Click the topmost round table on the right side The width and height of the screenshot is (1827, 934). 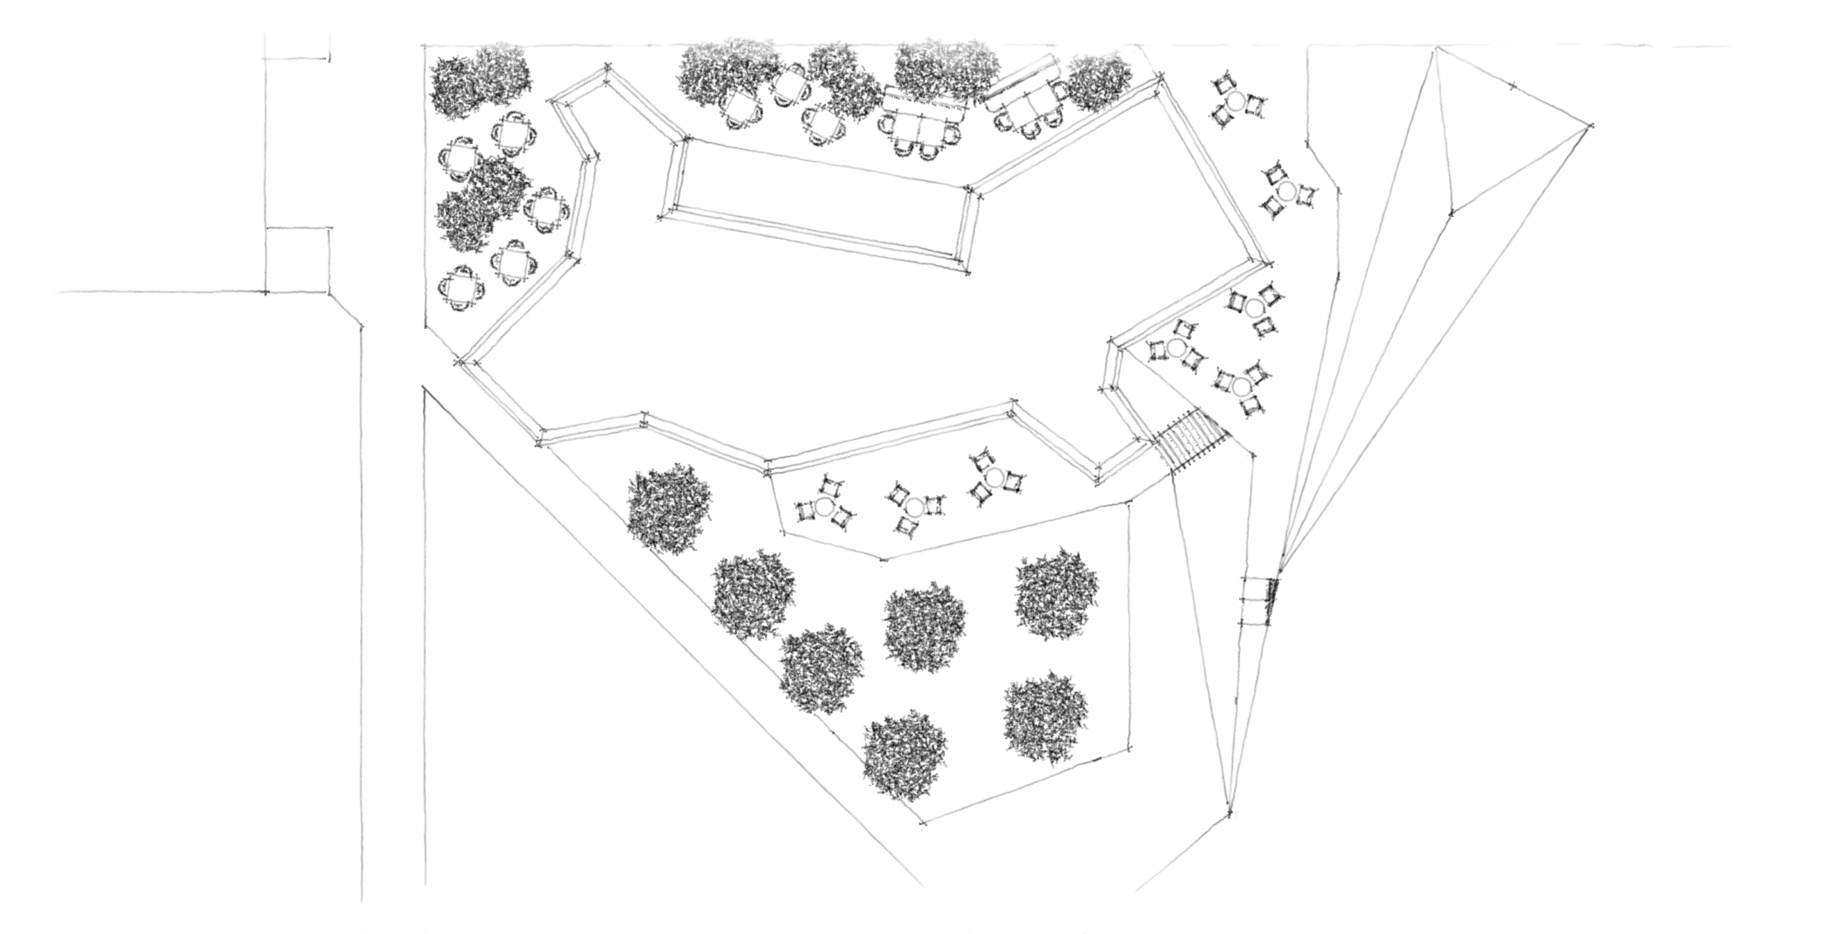[x=1240, y=101]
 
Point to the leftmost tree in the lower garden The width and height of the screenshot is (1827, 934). [x=669, y=507]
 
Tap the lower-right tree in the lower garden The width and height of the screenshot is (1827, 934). [x=1046, y=719]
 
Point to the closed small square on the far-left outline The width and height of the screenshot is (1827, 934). [x=298, y=260]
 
